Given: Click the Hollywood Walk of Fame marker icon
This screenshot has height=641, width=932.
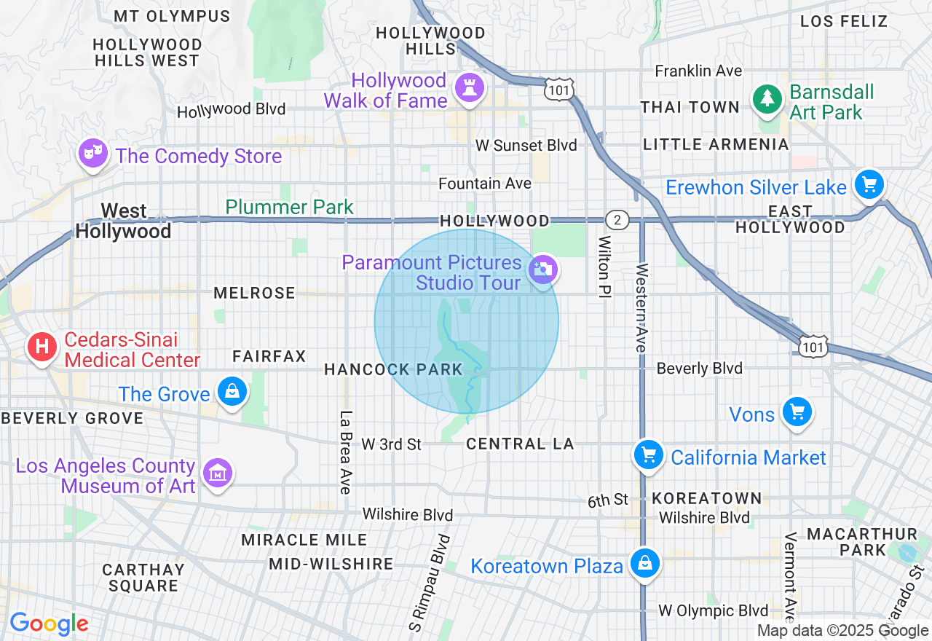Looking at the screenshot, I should coord(469,89).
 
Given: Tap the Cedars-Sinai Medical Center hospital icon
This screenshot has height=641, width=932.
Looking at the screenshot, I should coord(42,347).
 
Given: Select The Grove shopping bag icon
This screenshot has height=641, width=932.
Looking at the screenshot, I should coord(232,393).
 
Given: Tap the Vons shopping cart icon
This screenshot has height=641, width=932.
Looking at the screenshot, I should coord(797,412).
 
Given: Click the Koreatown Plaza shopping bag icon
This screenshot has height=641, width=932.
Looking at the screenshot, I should coord(644,563).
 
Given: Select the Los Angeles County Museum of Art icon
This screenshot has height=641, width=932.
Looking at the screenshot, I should coord(217,473).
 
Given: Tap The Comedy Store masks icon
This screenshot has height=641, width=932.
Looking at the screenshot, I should coord(92,154).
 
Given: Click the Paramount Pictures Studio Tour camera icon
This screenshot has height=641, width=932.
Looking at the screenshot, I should coord(542,270).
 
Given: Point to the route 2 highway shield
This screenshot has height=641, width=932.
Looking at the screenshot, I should coord(616,220).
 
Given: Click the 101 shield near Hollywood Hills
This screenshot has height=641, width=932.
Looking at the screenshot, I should coord(558,90).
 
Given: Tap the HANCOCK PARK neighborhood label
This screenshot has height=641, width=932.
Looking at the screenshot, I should coord(393,369).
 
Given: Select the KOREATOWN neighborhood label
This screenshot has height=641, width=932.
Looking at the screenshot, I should coord(707,499).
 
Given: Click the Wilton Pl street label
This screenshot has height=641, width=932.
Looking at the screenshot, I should coord(604,267).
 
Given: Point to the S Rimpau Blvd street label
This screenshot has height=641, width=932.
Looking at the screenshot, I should coord(429,583).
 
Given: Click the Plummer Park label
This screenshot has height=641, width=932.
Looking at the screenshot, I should coord(289,207).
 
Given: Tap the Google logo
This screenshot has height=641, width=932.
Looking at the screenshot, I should coord(49,624).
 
